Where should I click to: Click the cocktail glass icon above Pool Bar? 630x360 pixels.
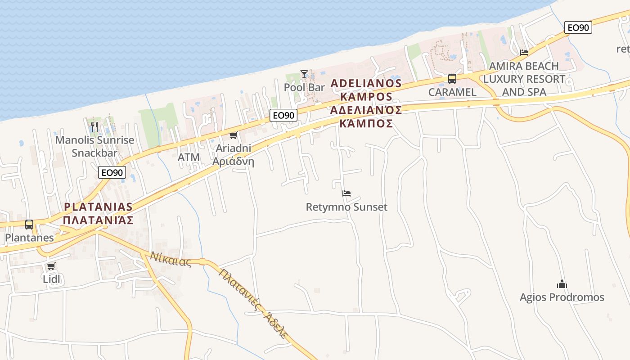pyautogui.click(x=304, y=74)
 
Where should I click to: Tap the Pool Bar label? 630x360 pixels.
pyautogui.click(x=304, y=87)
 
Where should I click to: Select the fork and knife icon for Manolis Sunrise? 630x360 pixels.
pyautogui.click(x=94, y=127)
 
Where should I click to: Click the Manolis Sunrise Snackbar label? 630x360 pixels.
pyautogui.click(x=94, y=146)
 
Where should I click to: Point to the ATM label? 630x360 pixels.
pyautogui.click(x=189, y=157)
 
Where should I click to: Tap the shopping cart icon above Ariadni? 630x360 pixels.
pyautogui.click(x=233, y=135)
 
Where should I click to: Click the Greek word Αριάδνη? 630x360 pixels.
pyautogui.click(x=233, y=162)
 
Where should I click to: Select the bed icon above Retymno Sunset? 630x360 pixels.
pyautogui.click(x=346, y=193)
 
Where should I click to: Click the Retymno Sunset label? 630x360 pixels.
pyautogui.click(x=346, y=207)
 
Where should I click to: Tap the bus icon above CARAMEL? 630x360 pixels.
pyautogui.click(x=452, y=79)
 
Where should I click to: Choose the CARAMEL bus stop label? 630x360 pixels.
pyautogui.click(x=452, y=92)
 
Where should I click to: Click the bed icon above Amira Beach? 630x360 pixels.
pyautogui.click(x=524, y=52)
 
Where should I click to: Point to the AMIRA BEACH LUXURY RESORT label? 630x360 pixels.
pyautogui.click(x=524, y=79)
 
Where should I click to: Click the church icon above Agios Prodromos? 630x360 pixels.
pyautogui.click(x=562, y=284)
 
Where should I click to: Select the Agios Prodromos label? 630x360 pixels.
pyautogui.click(x=562, y=297)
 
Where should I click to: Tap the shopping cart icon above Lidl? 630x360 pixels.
pyautogui.click(x=51, y=266)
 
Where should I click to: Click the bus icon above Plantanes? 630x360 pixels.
pyautogui.click(x=29, y=224)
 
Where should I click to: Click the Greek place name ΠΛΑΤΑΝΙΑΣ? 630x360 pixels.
pyautogui.click(x=98, y=220)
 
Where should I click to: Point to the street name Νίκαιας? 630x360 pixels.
pyautogui.click(x=171, y=259)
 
